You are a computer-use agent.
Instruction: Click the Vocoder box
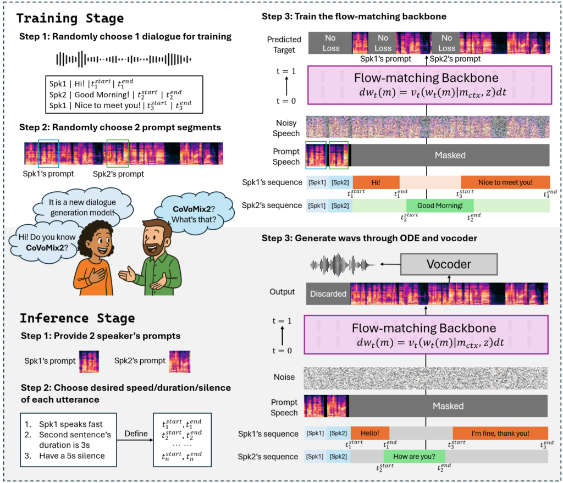449,264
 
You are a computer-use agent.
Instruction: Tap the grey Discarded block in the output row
328,293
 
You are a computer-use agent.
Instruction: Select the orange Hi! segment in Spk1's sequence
376,182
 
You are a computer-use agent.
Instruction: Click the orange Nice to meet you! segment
505,182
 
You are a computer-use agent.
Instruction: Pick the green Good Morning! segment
440,206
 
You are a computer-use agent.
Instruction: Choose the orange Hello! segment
369,434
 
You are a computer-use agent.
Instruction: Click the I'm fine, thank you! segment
500,434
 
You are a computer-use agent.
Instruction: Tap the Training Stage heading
70,18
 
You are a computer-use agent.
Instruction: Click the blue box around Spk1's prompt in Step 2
49,153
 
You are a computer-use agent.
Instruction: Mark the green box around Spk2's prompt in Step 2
118,153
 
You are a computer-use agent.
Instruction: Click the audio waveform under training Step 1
120,59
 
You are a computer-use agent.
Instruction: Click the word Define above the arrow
135,434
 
